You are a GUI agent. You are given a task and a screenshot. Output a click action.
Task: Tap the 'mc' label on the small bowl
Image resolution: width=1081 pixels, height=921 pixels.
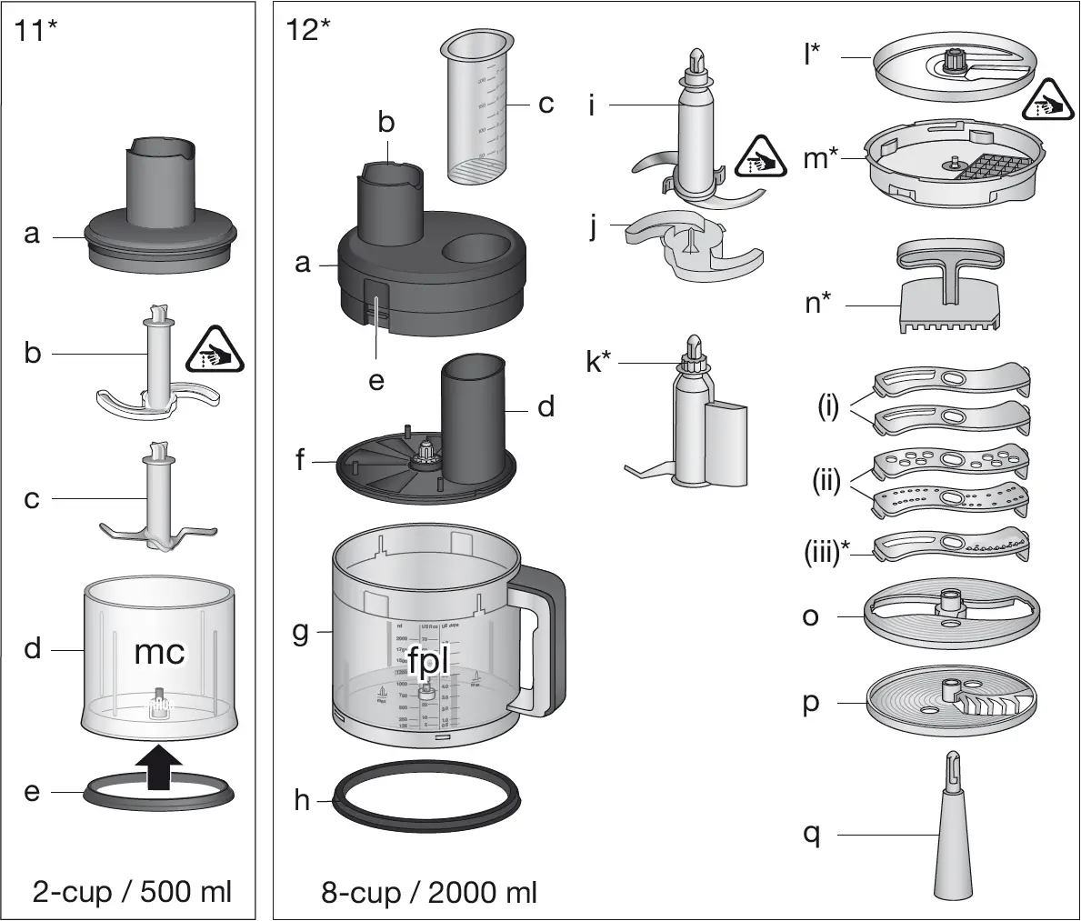pos(160,651)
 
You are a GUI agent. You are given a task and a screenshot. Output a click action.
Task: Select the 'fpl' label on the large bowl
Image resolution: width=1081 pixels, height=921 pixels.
pos(428,662)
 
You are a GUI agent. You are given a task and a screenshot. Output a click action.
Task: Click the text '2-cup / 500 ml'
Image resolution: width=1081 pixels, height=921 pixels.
pos(133,891)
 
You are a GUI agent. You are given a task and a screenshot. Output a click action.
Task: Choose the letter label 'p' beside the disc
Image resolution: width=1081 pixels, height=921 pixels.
pos(811,703)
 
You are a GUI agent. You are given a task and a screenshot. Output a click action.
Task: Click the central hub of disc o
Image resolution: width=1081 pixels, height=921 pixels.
pos(951,602)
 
